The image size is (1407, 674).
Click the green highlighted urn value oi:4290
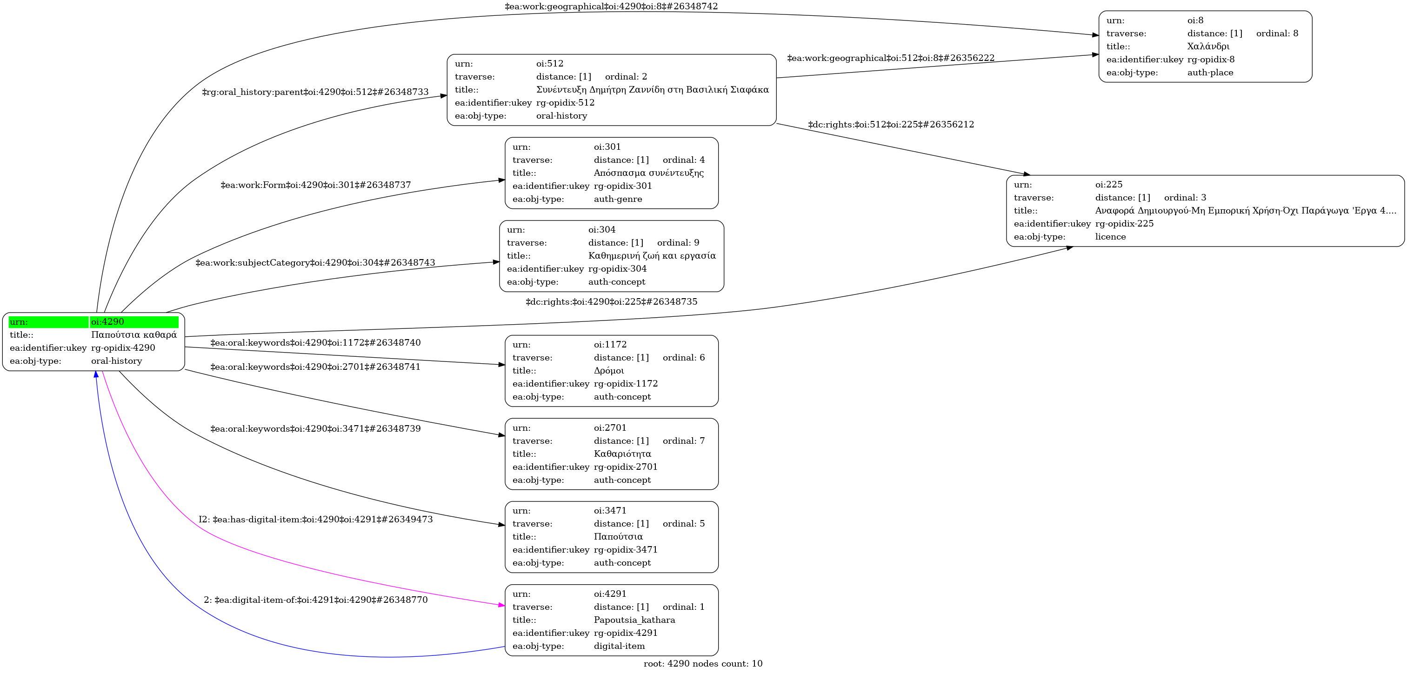click(107, 322)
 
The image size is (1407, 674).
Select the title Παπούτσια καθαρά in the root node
click(134, 335)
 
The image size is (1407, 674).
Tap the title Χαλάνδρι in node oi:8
click(1208, 47)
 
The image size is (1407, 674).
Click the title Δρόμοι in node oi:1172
click(608, 371)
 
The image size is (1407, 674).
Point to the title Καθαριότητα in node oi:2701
click(622, 454)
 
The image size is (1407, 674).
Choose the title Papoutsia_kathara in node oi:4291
click(634, 620)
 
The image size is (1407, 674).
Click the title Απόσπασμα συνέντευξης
click(648, 173)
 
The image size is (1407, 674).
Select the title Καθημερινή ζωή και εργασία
click(652, 256)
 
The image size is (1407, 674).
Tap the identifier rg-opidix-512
click(565, 103)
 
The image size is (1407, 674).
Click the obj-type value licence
click(1110, 236)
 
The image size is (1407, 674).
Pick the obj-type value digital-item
click(619, 646)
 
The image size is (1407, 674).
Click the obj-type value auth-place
click(1210, 73)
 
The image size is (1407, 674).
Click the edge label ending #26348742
click(611, 7)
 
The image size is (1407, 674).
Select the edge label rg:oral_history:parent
click(315, 92)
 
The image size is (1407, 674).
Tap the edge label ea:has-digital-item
click(315, 520)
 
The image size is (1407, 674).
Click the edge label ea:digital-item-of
click(315, 600)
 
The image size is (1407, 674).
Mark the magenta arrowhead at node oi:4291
click(501, 605)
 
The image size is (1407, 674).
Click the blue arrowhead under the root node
click(96, 375)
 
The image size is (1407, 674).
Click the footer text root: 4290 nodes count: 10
click(703, 664)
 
